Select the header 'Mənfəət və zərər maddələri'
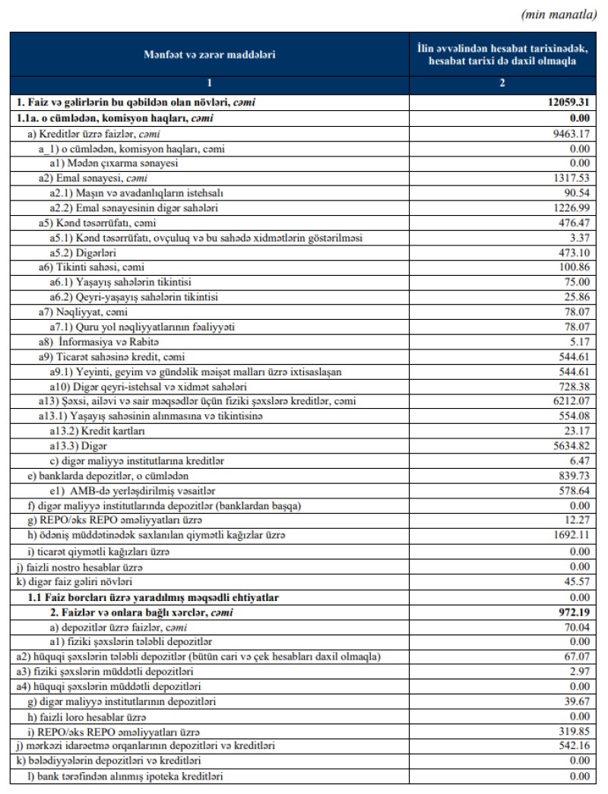[x=210, y=54]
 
